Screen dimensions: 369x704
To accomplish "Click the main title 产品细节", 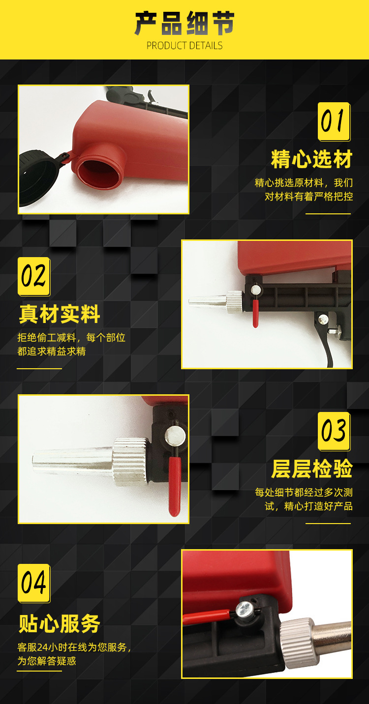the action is coord(184,23).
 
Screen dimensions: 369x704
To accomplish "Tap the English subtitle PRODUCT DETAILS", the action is coord(184,46).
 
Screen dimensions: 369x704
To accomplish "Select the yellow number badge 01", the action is coord(334,121).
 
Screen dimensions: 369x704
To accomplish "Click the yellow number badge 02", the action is coord(34,276).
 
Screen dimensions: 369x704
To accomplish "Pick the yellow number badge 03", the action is coord(334,431).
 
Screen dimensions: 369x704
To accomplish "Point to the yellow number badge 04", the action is coord(34,584).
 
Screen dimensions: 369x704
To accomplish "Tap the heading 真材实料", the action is coord(60,314).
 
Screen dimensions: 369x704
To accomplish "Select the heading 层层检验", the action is coord(312,469).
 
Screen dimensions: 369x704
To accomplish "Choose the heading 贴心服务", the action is coord(60,623).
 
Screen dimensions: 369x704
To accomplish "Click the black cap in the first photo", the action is coord(38,177).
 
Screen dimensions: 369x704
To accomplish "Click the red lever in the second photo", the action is coord(255,313).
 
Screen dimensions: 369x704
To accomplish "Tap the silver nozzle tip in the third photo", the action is coord(72,461).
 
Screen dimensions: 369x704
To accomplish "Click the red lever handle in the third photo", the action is coord(175,487).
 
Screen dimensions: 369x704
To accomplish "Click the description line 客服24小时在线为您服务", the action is coord(74,647).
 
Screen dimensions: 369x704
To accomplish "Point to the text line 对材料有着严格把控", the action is coord(308,197).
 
